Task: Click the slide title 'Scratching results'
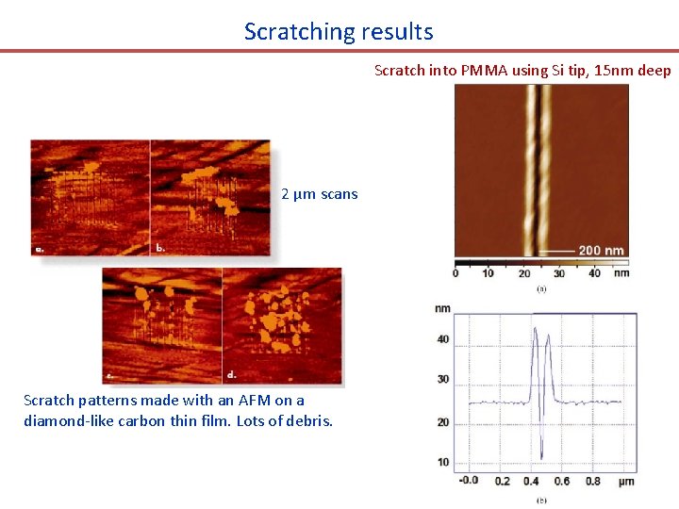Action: tap(339, 31)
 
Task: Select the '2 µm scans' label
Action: tap(320, 194)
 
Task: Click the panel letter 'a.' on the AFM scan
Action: tap(41, 250)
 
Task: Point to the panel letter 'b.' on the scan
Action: tap(160, 248)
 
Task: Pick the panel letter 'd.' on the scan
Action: tap(231, 375)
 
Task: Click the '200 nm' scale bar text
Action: tap(602, 251)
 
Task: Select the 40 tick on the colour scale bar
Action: tap(593, 273)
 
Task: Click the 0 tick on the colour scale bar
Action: tap(455, 273)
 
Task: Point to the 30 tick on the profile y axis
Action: tap(442, 379)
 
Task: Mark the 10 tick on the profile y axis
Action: tap(442, 462)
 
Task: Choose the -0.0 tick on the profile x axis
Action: tap(468, 481)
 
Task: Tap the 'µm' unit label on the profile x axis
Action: tap(625, 481)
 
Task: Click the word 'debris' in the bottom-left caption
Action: tap(308, 420)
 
